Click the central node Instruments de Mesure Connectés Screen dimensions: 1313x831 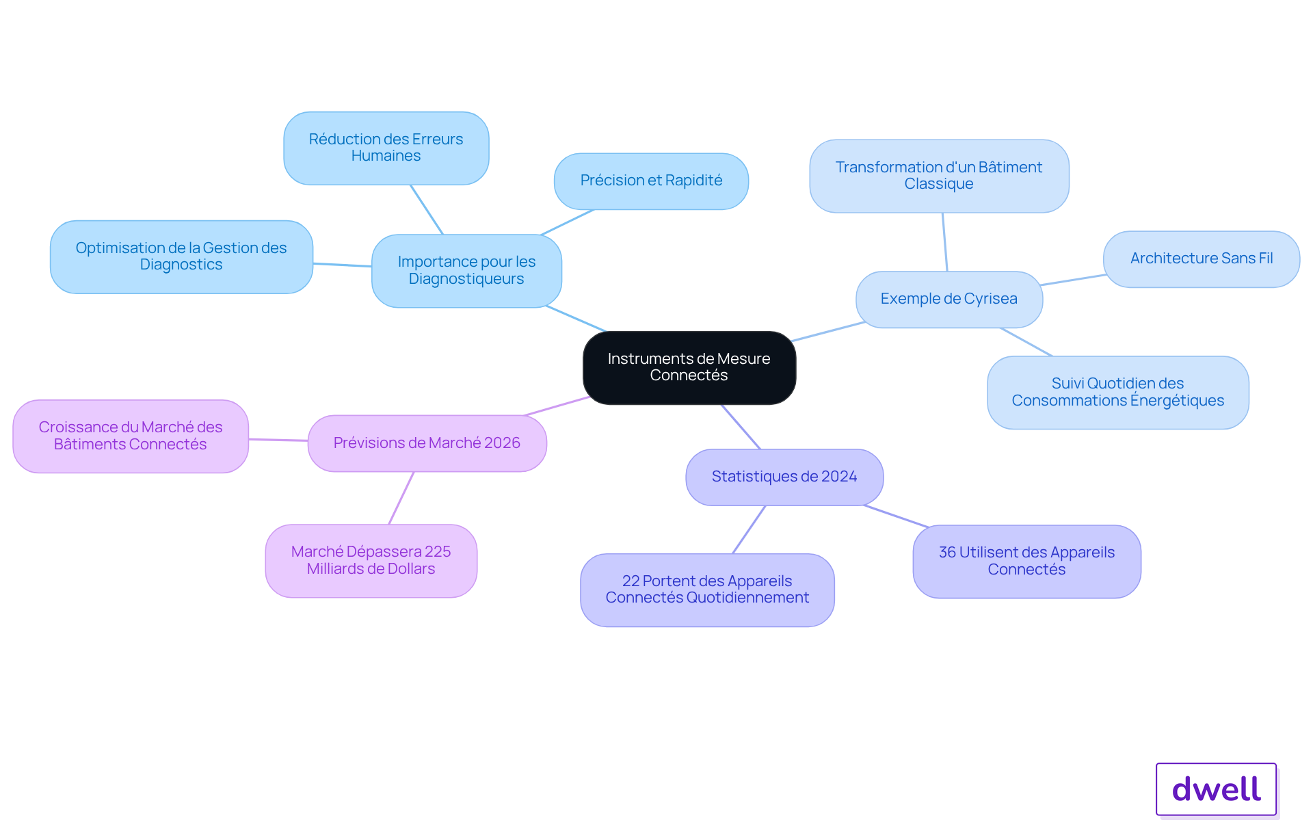[689, 368]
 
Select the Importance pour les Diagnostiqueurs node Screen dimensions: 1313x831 [466, 271]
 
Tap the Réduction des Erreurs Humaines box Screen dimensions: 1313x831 [386, 148]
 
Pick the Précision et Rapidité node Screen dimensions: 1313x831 [651, 181]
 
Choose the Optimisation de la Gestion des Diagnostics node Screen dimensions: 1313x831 [181, 256]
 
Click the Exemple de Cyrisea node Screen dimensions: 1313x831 [949, 300]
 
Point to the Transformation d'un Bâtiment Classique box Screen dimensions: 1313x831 [939, 176]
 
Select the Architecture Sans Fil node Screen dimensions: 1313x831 [1202, 259]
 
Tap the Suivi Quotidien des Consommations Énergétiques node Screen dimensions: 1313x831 [1118, 393]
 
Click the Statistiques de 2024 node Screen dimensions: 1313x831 [784, 477]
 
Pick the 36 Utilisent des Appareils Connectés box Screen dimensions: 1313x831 [1027, 562]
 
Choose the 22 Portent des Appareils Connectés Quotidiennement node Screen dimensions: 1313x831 [707, 590]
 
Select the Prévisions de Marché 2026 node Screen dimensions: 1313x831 [427, 443]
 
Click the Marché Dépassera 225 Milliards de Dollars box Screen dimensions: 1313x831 [371, 561]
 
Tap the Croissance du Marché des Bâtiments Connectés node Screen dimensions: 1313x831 [131, 436]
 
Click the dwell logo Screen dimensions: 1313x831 [1217, 789]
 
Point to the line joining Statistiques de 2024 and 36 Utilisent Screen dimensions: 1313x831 [896, 516]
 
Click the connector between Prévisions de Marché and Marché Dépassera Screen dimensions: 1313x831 [401, 498]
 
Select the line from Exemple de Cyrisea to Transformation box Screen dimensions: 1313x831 [945, 242]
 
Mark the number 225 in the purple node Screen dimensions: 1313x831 [438, 552]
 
